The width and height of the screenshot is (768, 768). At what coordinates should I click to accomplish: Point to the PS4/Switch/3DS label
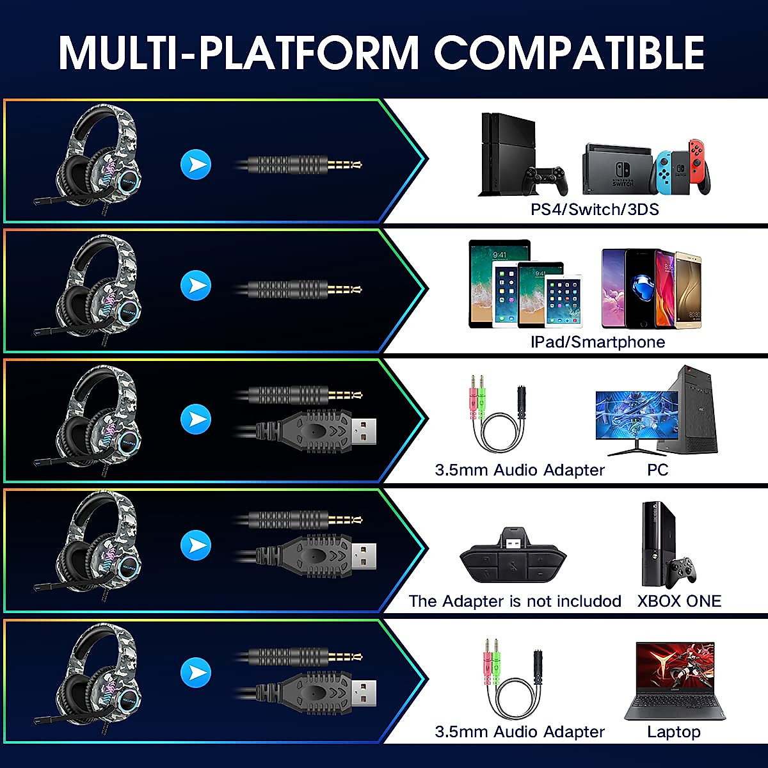tap(595, 209)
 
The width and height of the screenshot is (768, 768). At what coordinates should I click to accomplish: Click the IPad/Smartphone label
tap(598, 342)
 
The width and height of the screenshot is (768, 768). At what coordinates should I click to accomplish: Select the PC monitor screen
tap(627, 416)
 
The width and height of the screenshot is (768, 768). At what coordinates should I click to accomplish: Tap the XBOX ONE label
tap(679, 601)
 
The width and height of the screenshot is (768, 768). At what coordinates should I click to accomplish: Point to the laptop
tap(674, 682)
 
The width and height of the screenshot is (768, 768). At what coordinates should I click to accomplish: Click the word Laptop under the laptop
tap(673, 732)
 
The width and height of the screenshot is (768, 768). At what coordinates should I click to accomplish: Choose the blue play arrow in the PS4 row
tap(196, 164)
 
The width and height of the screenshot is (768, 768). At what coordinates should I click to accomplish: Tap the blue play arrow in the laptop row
tap(196, 673)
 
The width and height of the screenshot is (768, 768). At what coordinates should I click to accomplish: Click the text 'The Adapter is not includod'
tap(515, 601)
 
